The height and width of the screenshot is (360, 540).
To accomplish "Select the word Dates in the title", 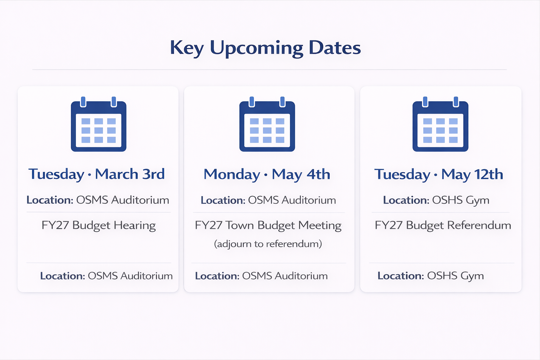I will [334, 48].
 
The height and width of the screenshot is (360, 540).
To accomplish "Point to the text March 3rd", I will [130, 174].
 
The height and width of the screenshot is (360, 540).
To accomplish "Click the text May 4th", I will [301, 174].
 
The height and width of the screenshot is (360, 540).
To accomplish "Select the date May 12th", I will [472, 174].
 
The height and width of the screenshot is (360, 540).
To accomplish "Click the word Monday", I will [232, 174].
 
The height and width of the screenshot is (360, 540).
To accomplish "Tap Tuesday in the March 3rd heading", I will [56, 174].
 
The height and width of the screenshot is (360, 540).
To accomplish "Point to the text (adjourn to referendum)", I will [268, 244].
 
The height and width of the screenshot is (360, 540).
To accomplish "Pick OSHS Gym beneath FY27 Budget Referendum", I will [455, 276].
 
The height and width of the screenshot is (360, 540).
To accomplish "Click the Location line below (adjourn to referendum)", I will [261, 276].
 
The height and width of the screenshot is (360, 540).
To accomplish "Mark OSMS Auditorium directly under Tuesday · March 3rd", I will [123, 200].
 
